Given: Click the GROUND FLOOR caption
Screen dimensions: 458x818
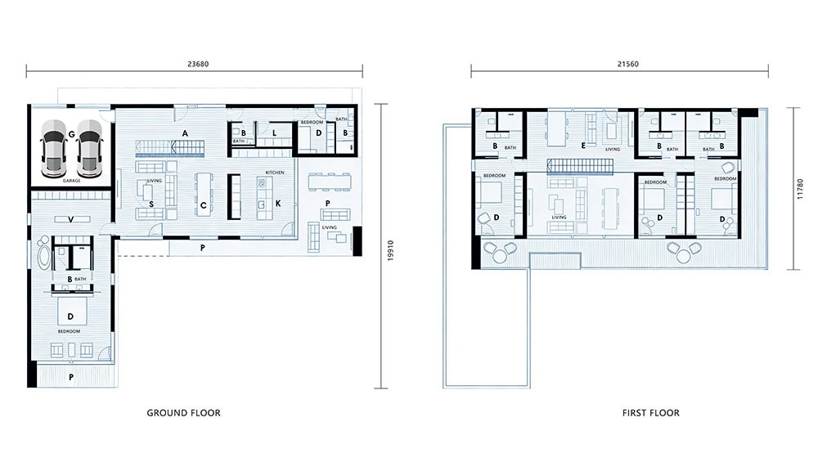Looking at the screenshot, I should coord(183,413).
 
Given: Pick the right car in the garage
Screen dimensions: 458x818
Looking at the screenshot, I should coord(89,149).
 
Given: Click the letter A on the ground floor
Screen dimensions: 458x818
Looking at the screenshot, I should coord(186,132).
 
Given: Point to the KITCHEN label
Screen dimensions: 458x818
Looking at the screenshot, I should coord(274,173).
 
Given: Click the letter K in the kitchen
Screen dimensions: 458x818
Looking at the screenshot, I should coord(277,202).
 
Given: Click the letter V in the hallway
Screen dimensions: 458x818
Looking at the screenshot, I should coord(71,218).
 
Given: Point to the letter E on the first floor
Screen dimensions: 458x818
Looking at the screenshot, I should coord(582,146).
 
